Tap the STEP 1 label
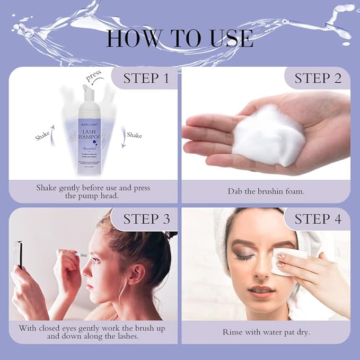146,78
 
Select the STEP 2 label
318,78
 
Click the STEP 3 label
146,219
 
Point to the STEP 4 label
318,219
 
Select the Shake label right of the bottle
134,136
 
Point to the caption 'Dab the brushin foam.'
266,191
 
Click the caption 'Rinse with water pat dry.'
266,332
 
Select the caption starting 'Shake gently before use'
93,192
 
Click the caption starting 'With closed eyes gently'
93,332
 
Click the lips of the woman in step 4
260,291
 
